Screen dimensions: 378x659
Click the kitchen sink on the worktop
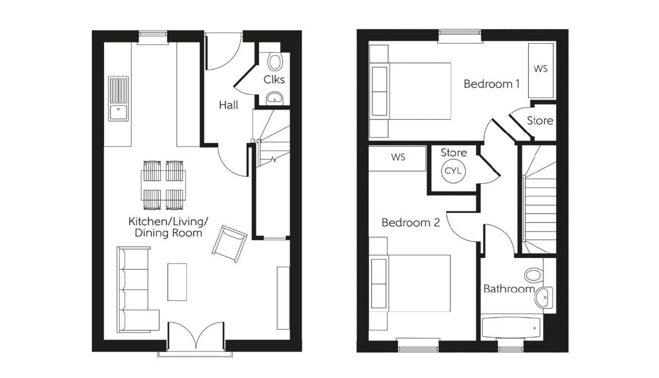pyautogui.click(x=118, y=99)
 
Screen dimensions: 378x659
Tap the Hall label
pyautogui.click(x=229, y=105)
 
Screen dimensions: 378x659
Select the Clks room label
pyautogui.click(x=274, y=79)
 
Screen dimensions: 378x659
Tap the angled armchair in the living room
pyautogui.click(x=230, y=243)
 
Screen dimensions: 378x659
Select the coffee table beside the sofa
pyautogui.click(x=177, y=281)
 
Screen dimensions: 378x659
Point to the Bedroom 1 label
pyautogui.click(x=491, y=84)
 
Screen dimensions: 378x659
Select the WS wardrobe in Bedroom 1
pyautogui.click(x=540, y=70)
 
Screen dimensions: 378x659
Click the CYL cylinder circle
pyautogui.click(x=453, y=171)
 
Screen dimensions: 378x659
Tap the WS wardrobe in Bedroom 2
pyautogui.click(x=398, y=158)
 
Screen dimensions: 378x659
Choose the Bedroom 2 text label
pyautogui.click(x=411, y=223)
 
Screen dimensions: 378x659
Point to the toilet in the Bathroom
pyautogui.click(x=534, y=274)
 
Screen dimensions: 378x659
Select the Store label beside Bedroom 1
pyautogui.click(x=539, y=121)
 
